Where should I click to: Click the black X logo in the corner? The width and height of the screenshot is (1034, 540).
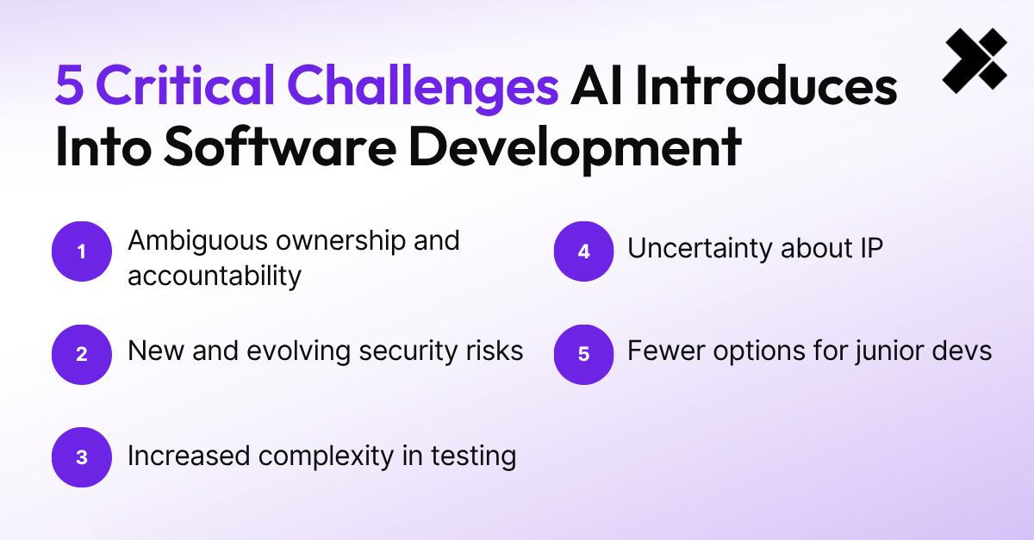tap(975, 59)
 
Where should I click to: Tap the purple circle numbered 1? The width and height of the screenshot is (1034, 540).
tap(82, 251)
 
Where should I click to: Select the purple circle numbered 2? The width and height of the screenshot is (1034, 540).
tap(82, 353)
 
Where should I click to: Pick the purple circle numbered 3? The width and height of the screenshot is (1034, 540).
tap(82, 457)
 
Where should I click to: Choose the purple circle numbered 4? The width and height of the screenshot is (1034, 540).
tap(583, 251)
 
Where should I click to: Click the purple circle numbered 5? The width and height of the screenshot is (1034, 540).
tap(583, 353)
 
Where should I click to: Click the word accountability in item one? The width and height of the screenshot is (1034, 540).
tap(215, 276)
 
